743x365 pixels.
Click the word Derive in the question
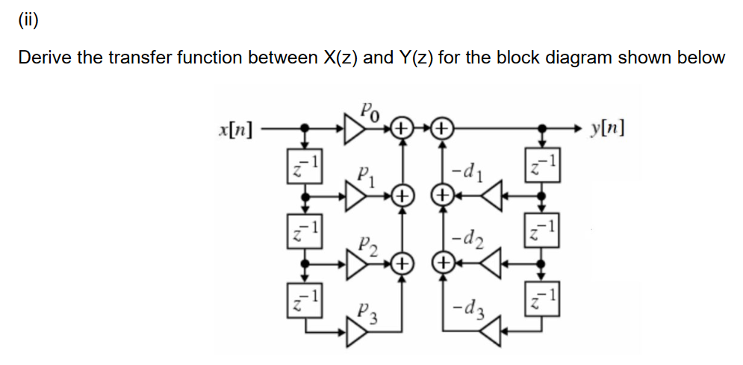(43, 58)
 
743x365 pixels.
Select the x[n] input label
(233, 130)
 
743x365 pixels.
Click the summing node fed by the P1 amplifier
(402, 197)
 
